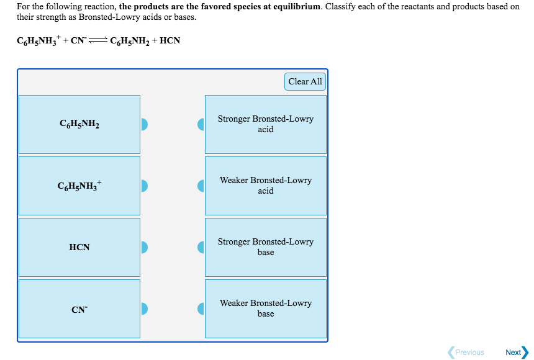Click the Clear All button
point(305,81)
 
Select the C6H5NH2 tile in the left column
point(79,124)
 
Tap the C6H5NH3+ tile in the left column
point(79,186)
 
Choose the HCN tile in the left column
point(79,247)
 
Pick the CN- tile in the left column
point(79,308)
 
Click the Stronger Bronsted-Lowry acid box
point(265,124)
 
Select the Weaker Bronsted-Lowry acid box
point(265,186)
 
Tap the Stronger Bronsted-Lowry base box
point(265,247)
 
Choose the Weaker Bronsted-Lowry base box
point(265,308)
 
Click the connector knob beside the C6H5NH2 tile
point(144,124)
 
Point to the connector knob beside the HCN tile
point(144,247)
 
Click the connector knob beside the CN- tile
point(144,308)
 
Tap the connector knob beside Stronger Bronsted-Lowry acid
point(201,124)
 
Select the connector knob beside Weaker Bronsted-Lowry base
point(201,308)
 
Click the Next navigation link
point(516,352)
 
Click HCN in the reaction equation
point(170,42)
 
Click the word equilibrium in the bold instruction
point(295,6)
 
